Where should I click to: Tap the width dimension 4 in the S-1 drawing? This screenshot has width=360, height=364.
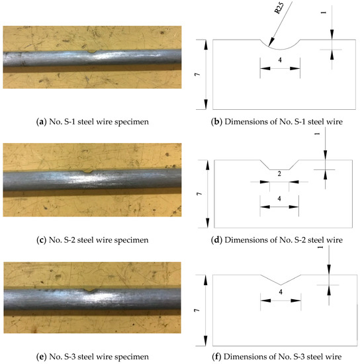pos(280,59)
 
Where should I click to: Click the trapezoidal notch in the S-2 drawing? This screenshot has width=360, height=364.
pos(279,165)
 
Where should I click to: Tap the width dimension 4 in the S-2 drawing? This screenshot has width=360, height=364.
pos(280,199)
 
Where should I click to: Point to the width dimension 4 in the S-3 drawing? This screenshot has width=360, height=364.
pos(281,291)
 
